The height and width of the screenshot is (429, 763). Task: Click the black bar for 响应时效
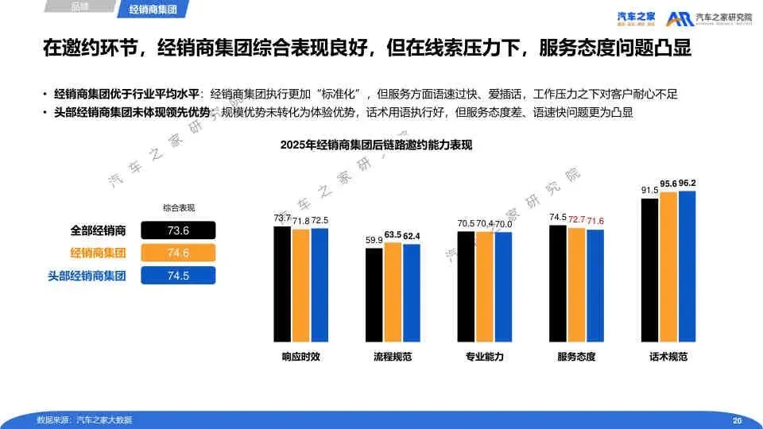point(282,284)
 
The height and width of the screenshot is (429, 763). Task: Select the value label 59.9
point(374,240)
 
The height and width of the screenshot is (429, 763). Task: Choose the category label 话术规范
point(668,357)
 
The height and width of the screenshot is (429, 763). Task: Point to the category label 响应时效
point(300,357)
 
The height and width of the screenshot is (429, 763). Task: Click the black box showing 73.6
point(178,231)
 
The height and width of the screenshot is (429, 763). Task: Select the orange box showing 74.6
point(178,253)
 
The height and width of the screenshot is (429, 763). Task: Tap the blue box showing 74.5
point(178,276)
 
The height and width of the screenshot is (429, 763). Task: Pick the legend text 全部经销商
point(98,231)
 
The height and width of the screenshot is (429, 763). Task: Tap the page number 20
point(737,420)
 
